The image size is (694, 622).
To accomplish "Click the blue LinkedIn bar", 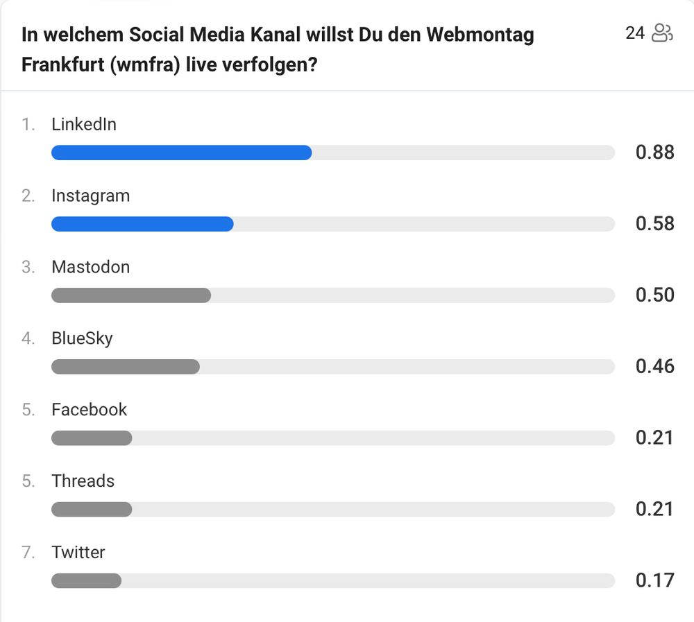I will pyautogui.click(x=181, y=153).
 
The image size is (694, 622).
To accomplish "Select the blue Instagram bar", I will pyautogui.click(x=142, y=224).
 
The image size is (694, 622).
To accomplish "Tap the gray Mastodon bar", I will pyautogui.click(x=131, y=295).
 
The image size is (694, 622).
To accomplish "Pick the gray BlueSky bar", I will pyautogui.click(x=126, y=367).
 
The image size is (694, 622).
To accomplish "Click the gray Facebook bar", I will pyautogui.click(x=92, y=438).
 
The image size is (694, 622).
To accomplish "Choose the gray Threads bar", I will pyautogui.click(x=92, y=510).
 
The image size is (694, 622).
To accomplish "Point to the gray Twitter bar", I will pyautogui.click(x=86, y=580).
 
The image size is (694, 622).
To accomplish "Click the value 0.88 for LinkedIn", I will pyautogui.click(x=654, y=153).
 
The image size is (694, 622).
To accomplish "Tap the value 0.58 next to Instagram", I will pyautogui.click(x=654, y=224).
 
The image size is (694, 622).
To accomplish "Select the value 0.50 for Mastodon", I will pyautogui.click(x=654, y=295).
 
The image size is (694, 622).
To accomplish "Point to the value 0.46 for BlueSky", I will pyautogui.click(x=654, y=367).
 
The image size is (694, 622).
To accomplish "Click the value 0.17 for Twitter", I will pyautogui.click(x=654, y=580).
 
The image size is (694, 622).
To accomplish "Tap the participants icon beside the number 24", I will pyautogui.click(x=663, y=33).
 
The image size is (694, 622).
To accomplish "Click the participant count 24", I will pyautogui.click(x=635, y=33).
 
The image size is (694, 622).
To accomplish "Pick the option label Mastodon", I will pyautogui.click(x=90, y=267).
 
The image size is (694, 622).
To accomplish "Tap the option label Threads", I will pyautogui.click(x=83, y=481).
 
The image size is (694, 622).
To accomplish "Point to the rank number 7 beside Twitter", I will pyautogui.click(x=27, y=553).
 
